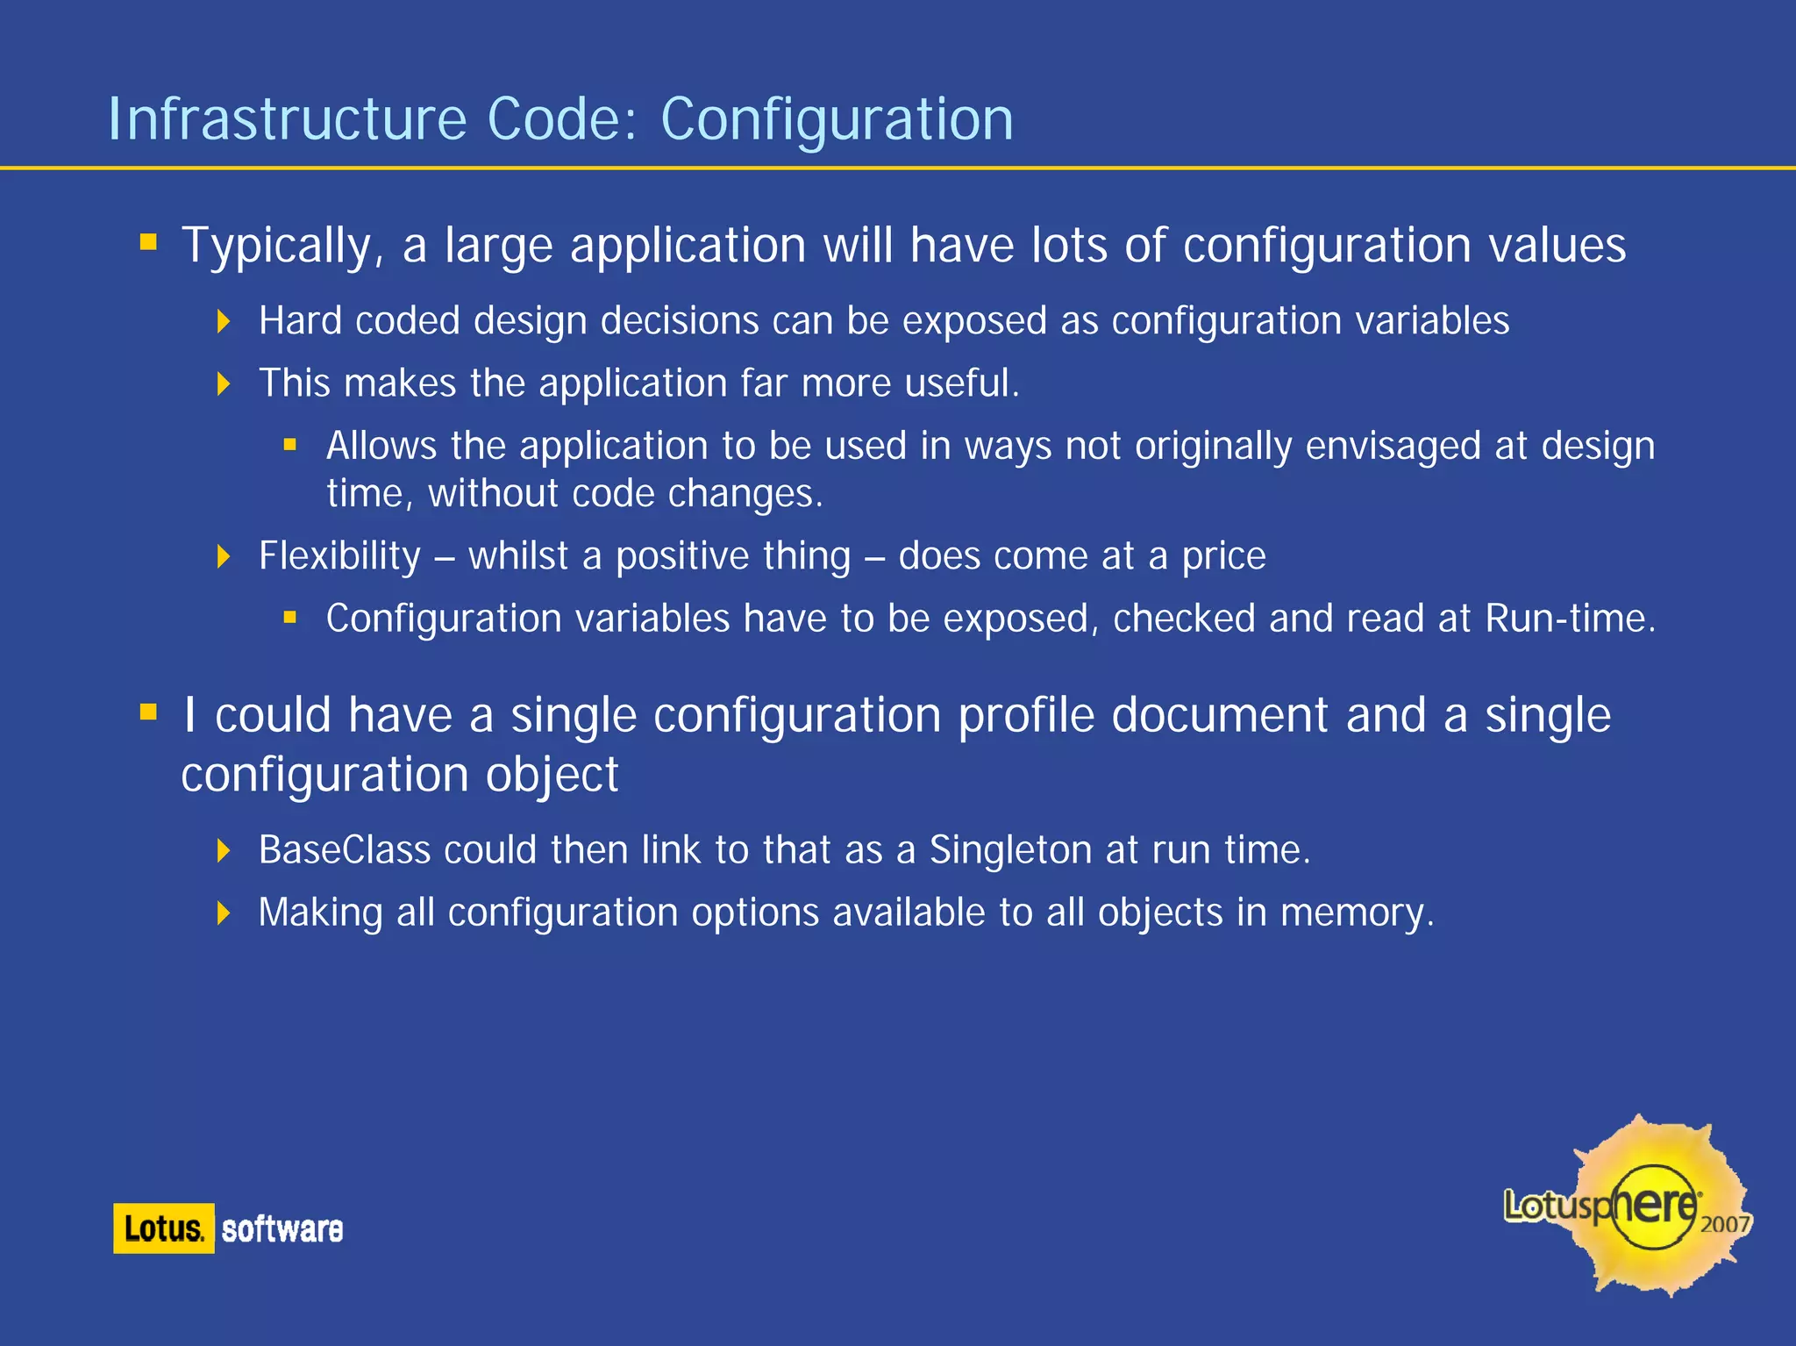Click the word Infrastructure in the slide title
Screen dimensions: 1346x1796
point(287,119)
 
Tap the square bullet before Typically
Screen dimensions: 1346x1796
point(148,241)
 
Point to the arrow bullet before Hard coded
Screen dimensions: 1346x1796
point(224,321)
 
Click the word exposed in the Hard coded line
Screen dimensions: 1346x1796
point(974,321)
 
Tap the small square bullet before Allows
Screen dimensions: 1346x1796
point(290,445)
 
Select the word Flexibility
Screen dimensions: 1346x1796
point(339,556)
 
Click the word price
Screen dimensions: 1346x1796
point(1223,557)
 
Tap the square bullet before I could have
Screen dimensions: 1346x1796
point(148,712)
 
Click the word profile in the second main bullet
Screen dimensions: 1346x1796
point(1026,716)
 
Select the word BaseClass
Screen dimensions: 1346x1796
point(345,850)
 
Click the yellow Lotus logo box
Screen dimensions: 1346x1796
point(163,1228)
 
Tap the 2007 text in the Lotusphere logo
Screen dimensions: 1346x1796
point(1724,1224)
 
